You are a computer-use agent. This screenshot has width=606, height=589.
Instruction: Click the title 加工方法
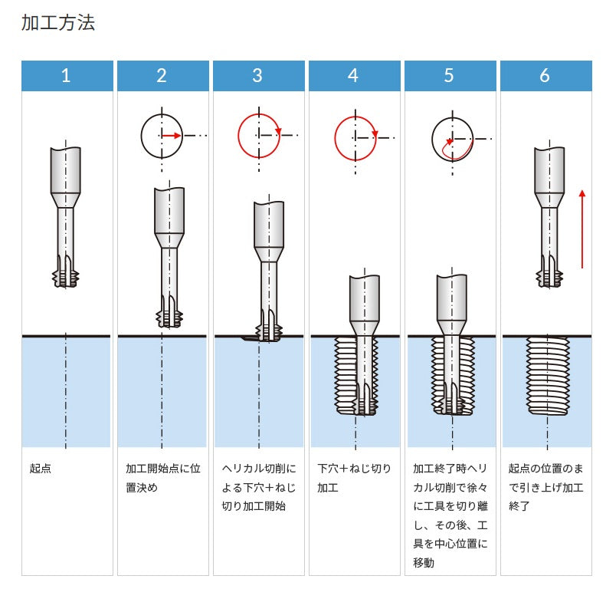(x=58, y=22)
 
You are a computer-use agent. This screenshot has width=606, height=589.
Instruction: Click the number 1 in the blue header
(x=66, y=75)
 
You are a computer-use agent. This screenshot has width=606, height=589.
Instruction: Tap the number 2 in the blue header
(x=162, y=75)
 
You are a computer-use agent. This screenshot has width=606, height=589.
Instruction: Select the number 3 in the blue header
(x=257, y=75)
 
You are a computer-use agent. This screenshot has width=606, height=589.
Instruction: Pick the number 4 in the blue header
(x=353, y=75)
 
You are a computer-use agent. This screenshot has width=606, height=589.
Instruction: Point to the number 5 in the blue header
(x=449, y=75)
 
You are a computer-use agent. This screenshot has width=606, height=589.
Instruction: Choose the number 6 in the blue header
(x=545, y=75)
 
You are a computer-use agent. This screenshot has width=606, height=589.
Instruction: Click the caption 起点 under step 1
(x=40, y=469)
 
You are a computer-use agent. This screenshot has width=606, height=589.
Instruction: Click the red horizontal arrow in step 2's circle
(x=171, y=136)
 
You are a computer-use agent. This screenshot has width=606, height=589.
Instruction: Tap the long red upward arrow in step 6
(x=582, y=229)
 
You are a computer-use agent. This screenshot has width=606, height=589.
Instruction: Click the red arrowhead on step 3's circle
(x=278, y=131)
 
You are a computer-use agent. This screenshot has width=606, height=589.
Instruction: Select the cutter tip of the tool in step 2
(x=169, y=318)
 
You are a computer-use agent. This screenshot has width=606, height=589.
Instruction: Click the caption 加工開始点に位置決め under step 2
(x=163, y=478)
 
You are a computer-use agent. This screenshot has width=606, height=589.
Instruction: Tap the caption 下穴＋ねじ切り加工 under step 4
(x=355, y=478)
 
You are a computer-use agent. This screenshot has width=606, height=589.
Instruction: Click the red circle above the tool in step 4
(x=355, y=139)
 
